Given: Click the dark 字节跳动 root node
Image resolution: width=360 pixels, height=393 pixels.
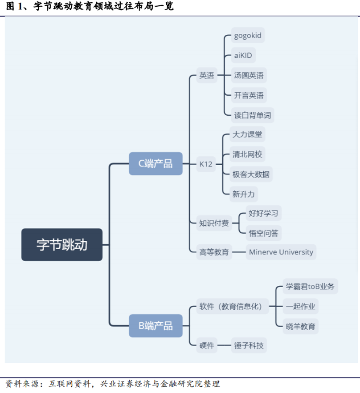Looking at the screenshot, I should tap(62, 245).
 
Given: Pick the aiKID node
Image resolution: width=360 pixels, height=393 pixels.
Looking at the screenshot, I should tap(244, 56).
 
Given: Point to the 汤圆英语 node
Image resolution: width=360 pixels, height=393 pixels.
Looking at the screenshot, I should tap(249, 75).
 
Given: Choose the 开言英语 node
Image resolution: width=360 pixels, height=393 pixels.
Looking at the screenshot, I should tap(249, 95).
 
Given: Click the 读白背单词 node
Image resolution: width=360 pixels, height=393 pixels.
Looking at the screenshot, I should tap(252, 115).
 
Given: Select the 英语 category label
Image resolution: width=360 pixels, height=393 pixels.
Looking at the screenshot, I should tap(206, 76).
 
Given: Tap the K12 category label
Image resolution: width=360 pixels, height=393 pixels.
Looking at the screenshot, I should tap(206, 164).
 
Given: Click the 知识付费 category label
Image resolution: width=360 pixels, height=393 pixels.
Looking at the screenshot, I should tap(214, 223).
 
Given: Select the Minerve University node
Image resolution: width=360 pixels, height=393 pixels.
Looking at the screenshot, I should tap(281, 252).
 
